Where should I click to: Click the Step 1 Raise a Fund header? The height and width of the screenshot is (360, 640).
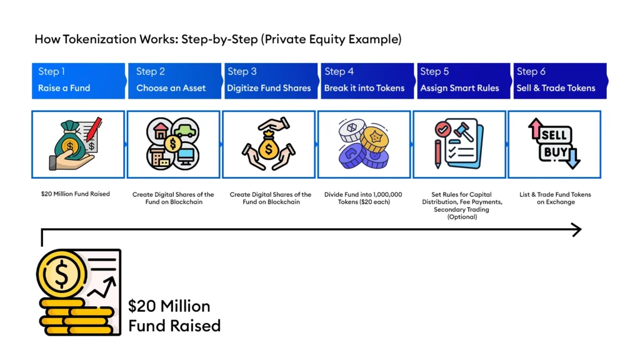(78, 80)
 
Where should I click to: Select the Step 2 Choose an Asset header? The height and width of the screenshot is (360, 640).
(174, 80)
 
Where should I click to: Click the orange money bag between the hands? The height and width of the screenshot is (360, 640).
(269, 147)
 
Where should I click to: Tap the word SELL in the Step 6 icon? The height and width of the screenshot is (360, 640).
(553, 134)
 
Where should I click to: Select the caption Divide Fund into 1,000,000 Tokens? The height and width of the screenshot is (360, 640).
(364, 198)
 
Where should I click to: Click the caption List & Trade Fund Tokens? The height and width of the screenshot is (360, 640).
(555, 198)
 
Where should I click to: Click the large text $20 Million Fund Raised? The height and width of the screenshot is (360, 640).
(174, 316)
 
